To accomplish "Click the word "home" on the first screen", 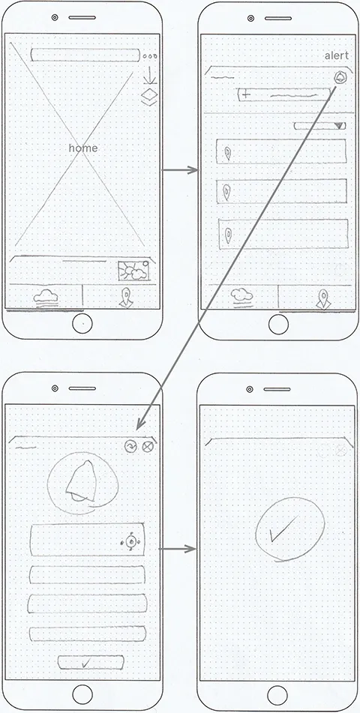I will pyautogui.click(x=83, y=148).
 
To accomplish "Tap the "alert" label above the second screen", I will pyautogui.click(x=337, y=55).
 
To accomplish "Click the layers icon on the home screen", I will pyautogui.click(x=148, y=96).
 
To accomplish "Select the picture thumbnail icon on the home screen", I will pyautogui.click(x=133, y=271).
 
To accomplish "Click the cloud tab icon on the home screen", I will pyautogui.click(x=46, y=297).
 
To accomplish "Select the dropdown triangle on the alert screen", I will pyautogui.click(x=340, y=126).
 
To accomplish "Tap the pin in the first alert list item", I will pyautogui.click(x=227, y=154).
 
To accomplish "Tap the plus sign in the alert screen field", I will pyautogui.click(x=246, y=95).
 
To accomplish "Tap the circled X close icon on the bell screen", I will pyautogui.click(x=147, y=446).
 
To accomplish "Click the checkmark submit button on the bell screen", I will pyautogui.click(x=86, y=662).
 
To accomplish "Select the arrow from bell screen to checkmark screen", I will pyautogui.click(x=178, y=550).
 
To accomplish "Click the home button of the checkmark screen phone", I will pyautogui.click(x=278, y=693).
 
